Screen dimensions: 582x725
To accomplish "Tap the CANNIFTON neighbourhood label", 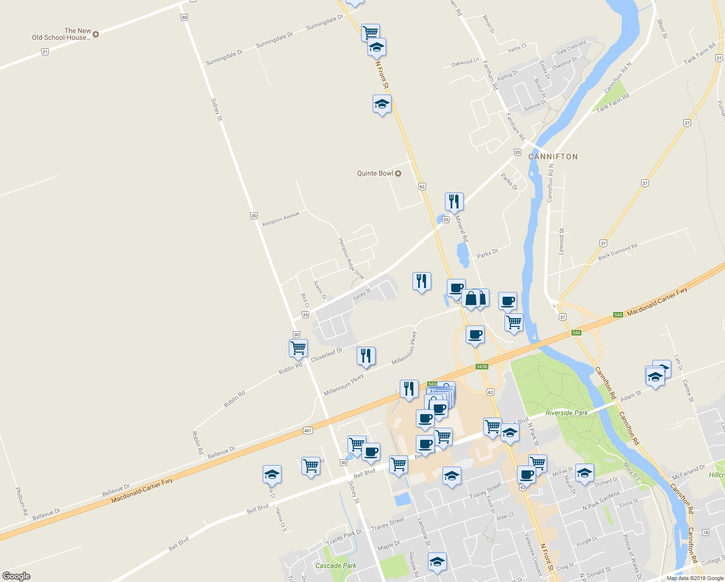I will coord(553,157).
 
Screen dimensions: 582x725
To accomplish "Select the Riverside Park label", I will coord(567,413).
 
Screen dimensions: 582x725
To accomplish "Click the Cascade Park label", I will coord(336,566).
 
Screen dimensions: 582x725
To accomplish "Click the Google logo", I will coord(16,576).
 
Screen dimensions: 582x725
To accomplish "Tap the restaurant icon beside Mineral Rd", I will coord(454,201).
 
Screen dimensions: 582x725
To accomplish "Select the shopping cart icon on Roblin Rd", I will coord(298,348).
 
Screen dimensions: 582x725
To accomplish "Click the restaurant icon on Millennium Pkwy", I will coord(366,356).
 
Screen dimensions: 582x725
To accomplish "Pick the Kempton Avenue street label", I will coord(281,219).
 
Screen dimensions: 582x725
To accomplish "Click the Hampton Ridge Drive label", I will coord(351,259).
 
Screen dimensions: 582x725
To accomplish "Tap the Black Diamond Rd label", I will coord(617,252).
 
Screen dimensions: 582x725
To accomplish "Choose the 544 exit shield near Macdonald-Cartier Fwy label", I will coord(618,315).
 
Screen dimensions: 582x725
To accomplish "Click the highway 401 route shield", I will coord(308,430).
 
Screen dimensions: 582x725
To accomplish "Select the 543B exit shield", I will coord(481,367).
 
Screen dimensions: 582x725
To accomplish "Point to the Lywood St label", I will coord(561,242).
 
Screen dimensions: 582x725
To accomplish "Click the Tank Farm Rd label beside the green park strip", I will coord(613,103).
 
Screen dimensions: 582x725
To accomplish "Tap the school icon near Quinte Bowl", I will coord(382,104).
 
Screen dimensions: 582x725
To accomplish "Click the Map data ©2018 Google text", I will coord(694,578).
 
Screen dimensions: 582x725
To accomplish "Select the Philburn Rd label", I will coord(21,501).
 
